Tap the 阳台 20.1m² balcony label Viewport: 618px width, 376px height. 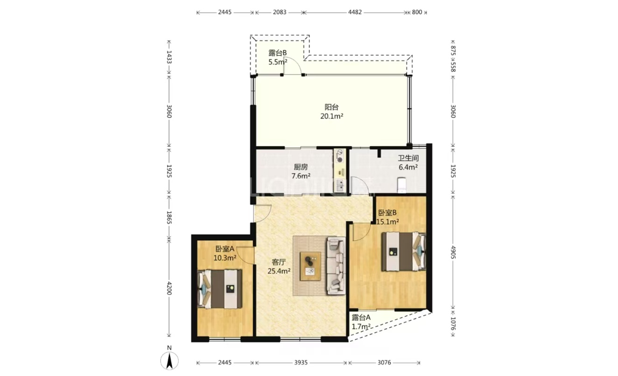[x=332, y=111]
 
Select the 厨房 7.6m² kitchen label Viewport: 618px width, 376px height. [x=300, y=171]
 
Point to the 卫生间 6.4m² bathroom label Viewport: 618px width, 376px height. [x=408, y=162]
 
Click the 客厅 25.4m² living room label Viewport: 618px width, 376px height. [x=279, y=267]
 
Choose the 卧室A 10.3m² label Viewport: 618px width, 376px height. [x=225, y=254]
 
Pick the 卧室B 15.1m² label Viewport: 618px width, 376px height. [x=387, y=217]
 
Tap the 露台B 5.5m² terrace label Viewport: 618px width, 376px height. [x=277, y=57]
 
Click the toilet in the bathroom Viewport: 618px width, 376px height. [x=401, y=185]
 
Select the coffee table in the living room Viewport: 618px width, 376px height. [x=310, y=266]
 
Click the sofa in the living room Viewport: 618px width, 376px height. [x=335, y=266]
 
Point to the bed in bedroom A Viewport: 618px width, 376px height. [x=220, y=289]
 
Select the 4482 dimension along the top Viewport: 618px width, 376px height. [x=355, y=12]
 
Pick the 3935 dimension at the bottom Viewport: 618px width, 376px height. [x=300, y=363]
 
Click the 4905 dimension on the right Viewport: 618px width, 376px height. [x=453, y=252]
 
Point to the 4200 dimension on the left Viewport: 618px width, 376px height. [x=169, y=288]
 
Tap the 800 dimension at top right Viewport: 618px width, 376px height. [x=417, y=12]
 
